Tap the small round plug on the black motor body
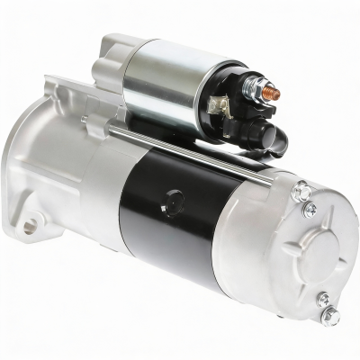coord(173,197)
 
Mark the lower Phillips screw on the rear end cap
coord(322,299)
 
